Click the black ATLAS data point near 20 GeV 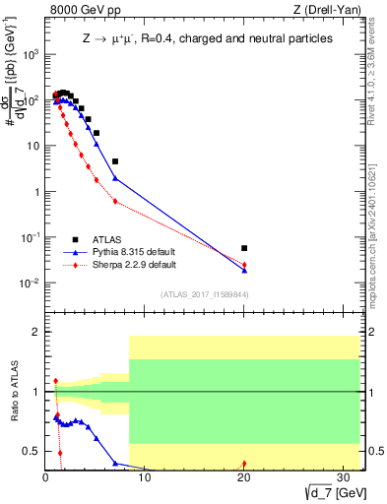click(x=244, y=248)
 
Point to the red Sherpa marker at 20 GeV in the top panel click(x=244, y=265)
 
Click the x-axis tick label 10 click(x=144, y=479)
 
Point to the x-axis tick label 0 click(x=45, y=479)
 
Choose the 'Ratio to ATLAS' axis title click(x=13, y=392)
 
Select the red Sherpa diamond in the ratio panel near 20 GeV click(x=244, y=464)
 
